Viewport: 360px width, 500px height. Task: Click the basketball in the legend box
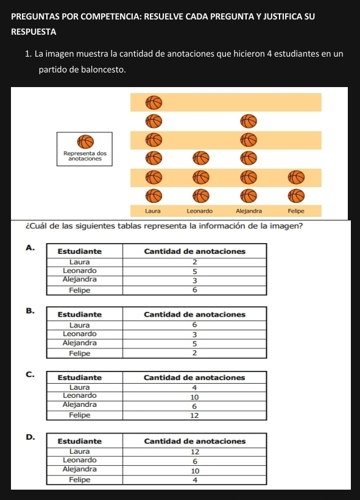point(85,141)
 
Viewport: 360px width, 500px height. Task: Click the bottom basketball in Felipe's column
point(295,196)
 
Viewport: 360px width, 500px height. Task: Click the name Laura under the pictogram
point(152,210)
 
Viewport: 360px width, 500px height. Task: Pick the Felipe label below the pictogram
point(295,210)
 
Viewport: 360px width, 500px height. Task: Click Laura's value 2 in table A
point(194,262)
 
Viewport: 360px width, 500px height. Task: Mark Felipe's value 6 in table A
point(194,290)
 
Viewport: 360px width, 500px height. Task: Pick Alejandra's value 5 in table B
point(194,343)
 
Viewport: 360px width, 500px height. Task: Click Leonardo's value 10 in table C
point(194,396)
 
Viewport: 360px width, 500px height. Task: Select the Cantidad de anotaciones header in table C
point(194,378)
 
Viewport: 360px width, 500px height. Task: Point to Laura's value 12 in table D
point(194,452)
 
